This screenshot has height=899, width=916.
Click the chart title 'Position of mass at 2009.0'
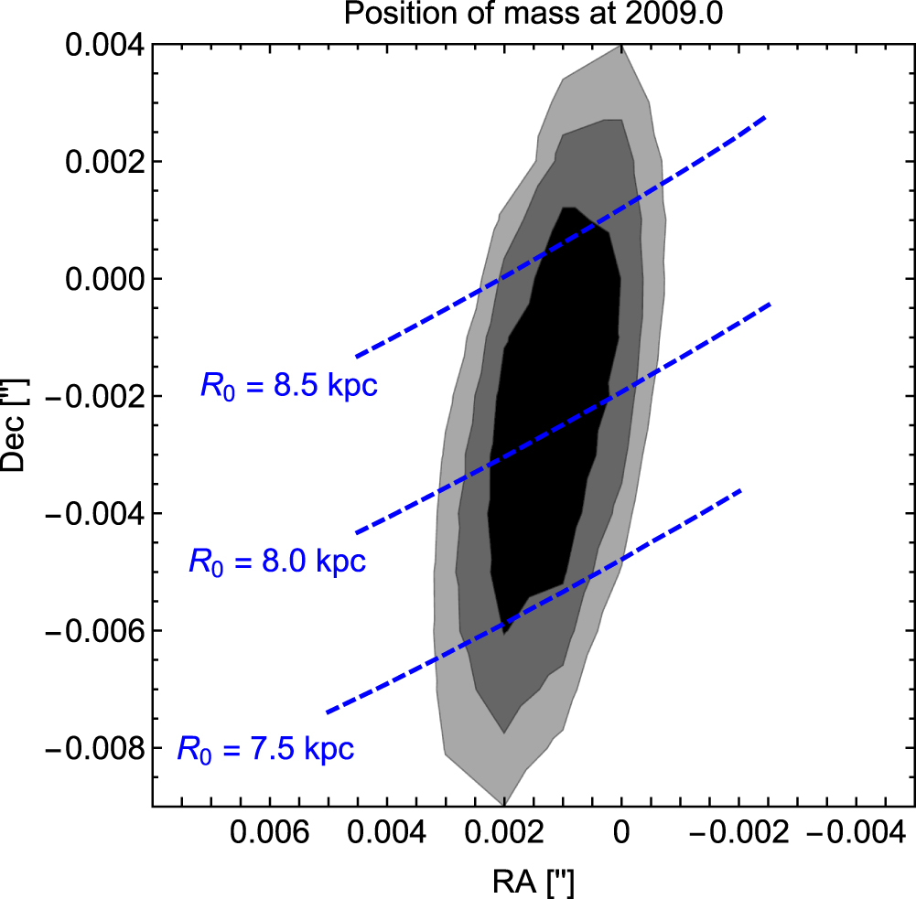point(533,13)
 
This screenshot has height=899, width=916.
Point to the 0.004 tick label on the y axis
point(104,45)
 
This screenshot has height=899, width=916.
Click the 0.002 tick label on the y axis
point(104,162)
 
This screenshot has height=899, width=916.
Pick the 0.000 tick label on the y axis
point(104,279)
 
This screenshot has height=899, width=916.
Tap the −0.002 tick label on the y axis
point(94,397)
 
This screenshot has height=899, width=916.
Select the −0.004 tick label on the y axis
point(94,514)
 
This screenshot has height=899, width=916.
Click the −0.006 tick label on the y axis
point(94,631)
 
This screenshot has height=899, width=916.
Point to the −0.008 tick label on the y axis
point(94,748)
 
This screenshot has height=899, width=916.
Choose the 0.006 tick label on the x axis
point(269,831)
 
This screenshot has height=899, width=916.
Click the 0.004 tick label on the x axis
point(387,831)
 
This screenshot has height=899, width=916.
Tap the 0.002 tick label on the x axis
point(504,831)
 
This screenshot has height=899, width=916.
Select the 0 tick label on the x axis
point(621,831)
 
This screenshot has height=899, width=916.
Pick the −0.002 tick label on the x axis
point(739,831)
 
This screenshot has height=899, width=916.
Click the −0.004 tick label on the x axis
point(857,831)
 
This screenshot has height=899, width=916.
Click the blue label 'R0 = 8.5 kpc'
point(289,386)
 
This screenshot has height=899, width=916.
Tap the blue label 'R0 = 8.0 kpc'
point(277,562)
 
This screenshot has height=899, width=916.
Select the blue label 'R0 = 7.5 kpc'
point(265,749)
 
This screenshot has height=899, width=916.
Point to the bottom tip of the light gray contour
point(503,805)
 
